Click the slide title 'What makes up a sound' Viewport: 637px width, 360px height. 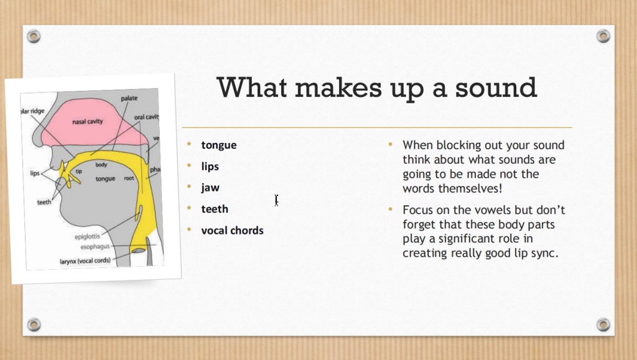(x=376, y=88)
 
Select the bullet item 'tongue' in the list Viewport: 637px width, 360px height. (x=218, y=145)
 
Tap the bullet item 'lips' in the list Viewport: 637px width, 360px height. (x=210, y=167)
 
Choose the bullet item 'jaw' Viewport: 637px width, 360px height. (x=210, y=188)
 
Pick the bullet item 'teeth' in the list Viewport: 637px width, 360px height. (x=215, y=209)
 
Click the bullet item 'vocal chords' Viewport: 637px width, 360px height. (x=233, y=231)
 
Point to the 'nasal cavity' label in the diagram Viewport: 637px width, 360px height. (x=87, y=121)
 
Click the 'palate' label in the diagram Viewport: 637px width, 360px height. (x=129, y=98)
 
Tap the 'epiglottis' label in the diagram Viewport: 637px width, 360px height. (x=87, y=236)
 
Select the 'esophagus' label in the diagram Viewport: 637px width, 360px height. (x=95, y=247)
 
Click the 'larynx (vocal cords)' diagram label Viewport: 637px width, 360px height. (x=85, y=261)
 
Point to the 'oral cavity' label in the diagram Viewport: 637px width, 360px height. (x=146, y=117)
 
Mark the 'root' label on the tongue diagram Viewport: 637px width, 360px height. (x=129, y=178)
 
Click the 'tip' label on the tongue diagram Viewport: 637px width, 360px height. (x=79, y=171)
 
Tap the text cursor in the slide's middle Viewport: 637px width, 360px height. (x=276, y=200)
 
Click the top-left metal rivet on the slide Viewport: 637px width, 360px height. (x=34, y=37)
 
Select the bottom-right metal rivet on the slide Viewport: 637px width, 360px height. (x=603, y=325)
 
